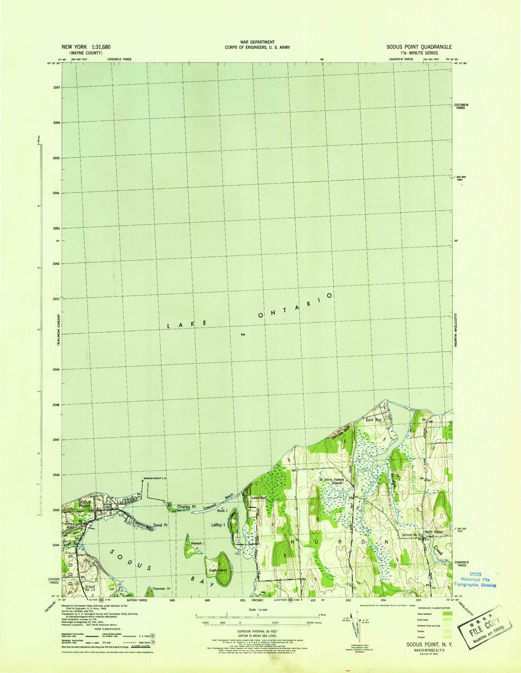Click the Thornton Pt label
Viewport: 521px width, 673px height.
(x=161, y=589)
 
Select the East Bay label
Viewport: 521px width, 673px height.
(x=374, y=420)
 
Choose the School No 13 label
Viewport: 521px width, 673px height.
(x=90, y=588)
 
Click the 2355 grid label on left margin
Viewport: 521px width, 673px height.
(x=56, y=158)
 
